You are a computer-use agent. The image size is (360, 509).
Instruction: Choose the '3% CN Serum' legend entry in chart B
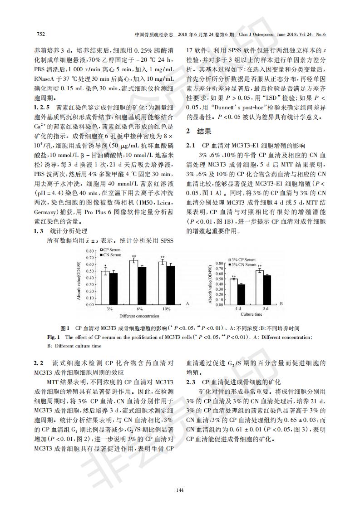click(243, 264)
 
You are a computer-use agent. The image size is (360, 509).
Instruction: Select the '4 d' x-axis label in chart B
click(237, 308)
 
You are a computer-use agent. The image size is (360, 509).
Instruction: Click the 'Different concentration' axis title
click(139, 315)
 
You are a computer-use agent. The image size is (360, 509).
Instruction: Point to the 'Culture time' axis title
click(251, 314)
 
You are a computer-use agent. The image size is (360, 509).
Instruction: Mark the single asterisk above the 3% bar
click(105, 267)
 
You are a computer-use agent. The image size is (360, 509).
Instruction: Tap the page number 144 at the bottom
click(180, 489)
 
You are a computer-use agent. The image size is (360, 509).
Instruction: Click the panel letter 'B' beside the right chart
click(281, 303)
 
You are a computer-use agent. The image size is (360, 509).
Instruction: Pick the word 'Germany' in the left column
click(45, 213)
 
